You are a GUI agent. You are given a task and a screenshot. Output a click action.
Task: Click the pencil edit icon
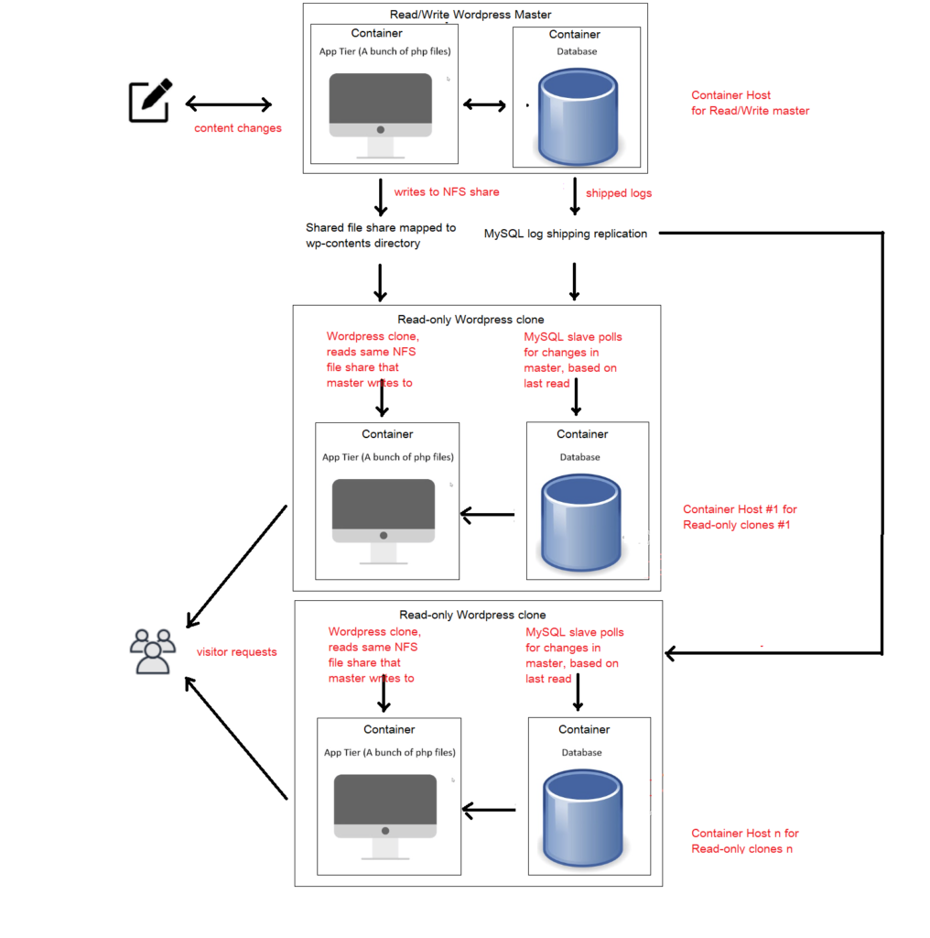point(151,101)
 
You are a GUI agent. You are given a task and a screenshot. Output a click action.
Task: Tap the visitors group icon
point(153,651)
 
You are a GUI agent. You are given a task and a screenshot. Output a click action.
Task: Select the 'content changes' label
point(238,128)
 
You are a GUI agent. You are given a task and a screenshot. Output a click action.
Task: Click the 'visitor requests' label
point(237,652)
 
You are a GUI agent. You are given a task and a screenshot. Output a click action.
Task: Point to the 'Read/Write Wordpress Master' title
point(470,15)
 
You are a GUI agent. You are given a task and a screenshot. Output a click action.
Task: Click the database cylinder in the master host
point(578,116)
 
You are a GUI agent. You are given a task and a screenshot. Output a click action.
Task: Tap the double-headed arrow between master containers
point(485,105)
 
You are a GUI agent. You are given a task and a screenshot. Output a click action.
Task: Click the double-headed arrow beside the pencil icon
point(229,104)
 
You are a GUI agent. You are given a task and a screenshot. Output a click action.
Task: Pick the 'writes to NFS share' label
point(447,192)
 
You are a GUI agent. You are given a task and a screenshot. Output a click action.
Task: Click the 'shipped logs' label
point(619,193)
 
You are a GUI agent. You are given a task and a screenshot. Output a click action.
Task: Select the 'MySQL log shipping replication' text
point(566,234)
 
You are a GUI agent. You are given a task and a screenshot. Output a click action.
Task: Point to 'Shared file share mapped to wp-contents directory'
point(381,235)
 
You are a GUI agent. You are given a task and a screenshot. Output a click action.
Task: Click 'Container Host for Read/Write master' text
point(750,103)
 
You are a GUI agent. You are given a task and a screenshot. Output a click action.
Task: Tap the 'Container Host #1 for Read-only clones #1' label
point(740,517)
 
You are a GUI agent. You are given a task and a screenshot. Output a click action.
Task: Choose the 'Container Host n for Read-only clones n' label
point(745,841)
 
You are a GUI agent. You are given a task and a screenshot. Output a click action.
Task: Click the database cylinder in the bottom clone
point(583,818)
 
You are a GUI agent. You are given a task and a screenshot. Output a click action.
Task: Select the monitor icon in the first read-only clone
point(384,521)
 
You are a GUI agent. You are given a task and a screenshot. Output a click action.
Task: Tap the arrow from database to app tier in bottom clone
point(489,810)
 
